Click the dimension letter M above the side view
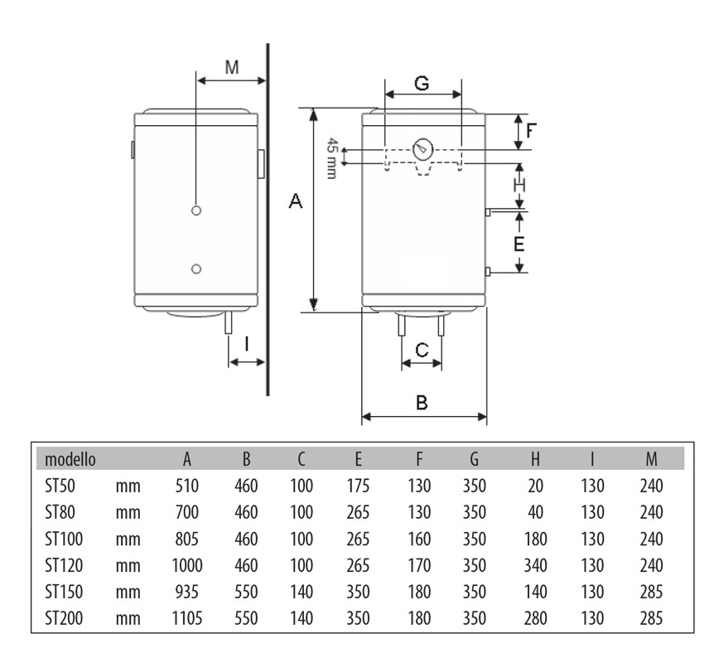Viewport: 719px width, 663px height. tap(232, 67)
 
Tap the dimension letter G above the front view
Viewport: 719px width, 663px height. tap(422, 84)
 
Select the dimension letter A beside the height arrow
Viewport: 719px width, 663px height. tap(296, 201)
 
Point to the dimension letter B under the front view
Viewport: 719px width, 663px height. tap(422, 403)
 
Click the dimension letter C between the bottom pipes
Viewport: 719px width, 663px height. tap(422, 351)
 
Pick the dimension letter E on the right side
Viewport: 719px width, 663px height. tap(519, 244)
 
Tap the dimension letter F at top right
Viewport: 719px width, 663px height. tap(530, 131)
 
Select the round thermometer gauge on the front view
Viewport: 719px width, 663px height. tap(422, 149)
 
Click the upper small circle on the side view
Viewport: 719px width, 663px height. tap(196, 211)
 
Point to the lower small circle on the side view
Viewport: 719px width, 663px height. tap(196, 269)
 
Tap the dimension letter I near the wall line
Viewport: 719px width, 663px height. tap(247, 344)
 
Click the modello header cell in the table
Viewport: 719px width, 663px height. tap(70, 459)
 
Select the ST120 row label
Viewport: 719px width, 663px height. tap(64, 565)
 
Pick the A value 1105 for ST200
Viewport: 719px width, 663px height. tap(187, 618)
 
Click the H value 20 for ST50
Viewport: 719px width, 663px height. tap(535, 486)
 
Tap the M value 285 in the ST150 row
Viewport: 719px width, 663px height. tap(651, 592)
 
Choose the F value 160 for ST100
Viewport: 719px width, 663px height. tap(419, 539)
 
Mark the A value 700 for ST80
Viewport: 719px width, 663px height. tap(187, 512)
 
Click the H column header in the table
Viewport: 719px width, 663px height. tap(535, 459)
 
